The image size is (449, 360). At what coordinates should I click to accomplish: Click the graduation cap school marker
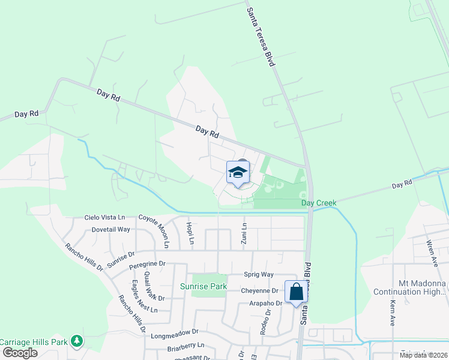[x=238, y=172]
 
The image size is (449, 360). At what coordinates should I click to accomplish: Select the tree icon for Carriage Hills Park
[x=76, y=341]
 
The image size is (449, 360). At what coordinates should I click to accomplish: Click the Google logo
[x=20, y=352]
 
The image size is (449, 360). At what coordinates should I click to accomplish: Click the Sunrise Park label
[x=203, y=286]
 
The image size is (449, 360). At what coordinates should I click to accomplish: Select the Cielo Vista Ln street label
[x=104, y=217]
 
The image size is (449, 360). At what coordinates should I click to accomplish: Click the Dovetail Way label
[x=110, y=229]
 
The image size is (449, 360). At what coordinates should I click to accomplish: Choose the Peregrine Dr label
[x=146, y=263]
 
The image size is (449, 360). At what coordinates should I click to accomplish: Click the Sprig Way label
[x=259, y=274]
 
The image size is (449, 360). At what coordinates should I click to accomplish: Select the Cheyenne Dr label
[x=260, y=290]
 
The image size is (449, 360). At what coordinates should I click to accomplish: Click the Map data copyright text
[x=423, y=355]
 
